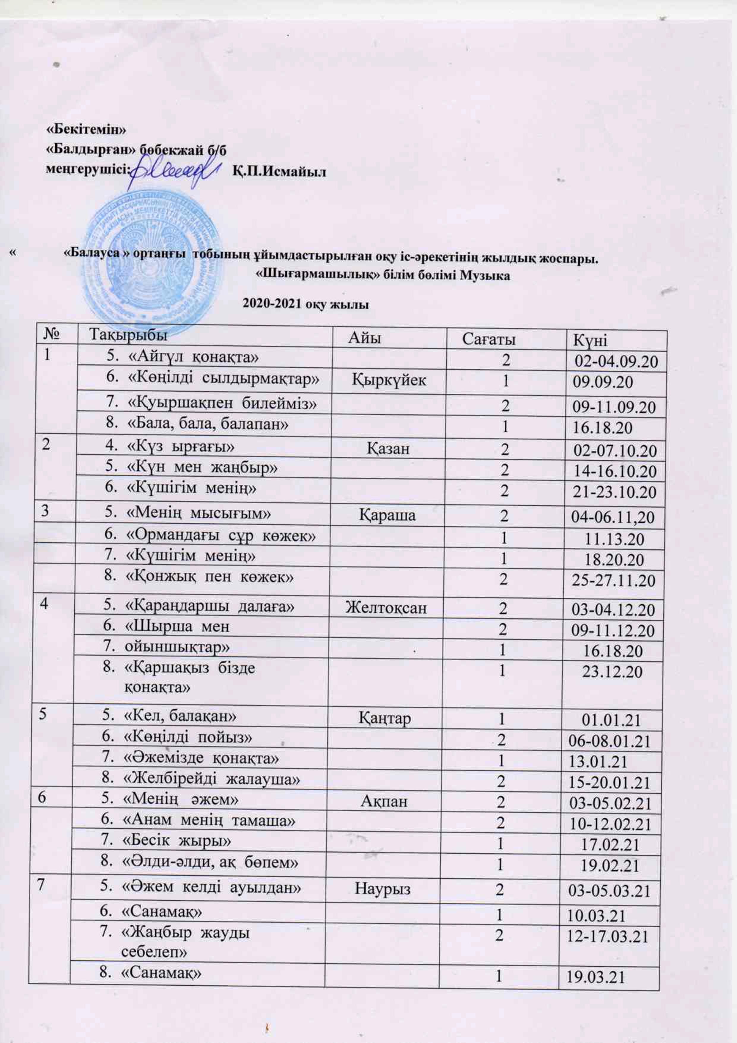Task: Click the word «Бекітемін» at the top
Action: tap(86, 129)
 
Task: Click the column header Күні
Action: tap(590, 340)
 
